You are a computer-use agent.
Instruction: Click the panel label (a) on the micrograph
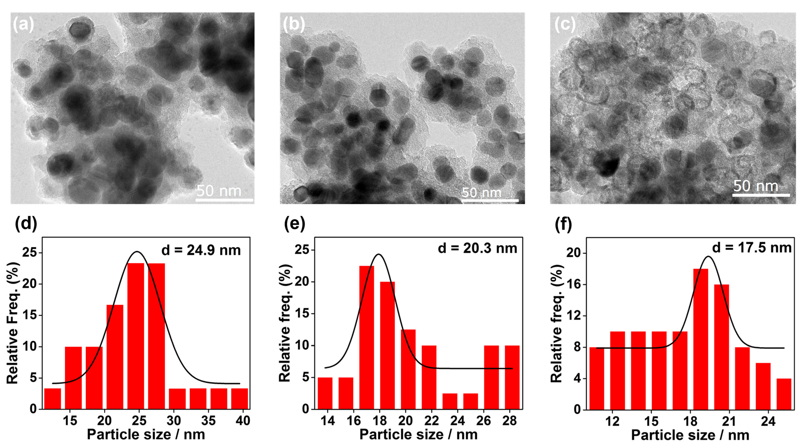[23, 25]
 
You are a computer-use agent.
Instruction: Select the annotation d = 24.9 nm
[201, 250]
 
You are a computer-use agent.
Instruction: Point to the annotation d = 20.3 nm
[477, 248]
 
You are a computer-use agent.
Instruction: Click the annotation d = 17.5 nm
[752, 247]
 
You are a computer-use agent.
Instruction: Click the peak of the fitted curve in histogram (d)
[137, 252]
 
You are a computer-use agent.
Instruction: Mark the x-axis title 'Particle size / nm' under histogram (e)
[418, 435]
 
